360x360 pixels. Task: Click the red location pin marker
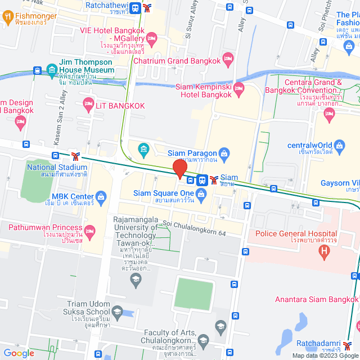point(180,169)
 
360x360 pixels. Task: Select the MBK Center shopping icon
point(101,196)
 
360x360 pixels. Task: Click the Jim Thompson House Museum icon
point(52,70)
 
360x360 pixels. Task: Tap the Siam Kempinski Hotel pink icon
point(238,88)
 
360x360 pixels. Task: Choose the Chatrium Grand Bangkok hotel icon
point(228,58)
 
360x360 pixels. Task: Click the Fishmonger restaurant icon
point(8,16)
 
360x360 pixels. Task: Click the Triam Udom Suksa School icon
point(117,311)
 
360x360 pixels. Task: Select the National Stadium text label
point(57,167)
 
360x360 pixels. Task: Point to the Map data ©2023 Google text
point(325,355)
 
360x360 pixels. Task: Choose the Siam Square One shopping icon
point(202,193)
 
